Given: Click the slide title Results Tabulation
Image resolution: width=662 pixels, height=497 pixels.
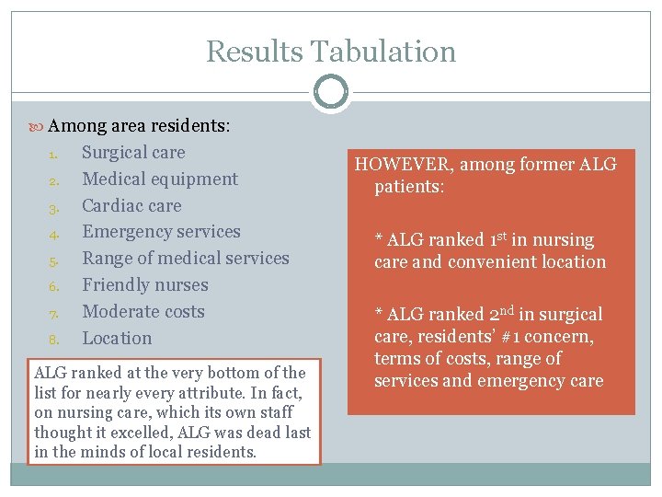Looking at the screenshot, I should click(331, 52).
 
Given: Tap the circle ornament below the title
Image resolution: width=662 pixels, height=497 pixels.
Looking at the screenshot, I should click(331, 93).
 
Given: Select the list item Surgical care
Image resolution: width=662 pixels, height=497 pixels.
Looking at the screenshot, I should click(133, 153).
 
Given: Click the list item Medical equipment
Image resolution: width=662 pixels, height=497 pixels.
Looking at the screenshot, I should click(160, 179).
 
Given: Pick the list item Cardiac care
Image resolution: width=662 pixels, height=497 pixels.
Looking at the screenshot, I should click(131, 206).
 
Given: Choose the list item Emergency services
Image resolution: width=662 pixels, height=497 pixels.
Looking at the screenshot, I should click(161, 232).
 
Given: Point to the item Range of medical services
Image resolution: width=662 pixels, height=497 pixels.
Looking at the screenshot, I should click(186, 259).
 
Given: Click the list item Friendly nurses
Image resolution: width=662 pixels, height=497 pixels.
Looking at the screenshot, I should click(145, 285).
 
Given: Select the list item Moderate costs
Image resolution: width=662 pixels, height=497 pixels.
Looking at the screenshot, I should click(143, 312).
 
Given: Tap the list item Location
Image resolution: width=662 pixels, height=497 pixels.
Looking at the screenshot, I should click(117, 339).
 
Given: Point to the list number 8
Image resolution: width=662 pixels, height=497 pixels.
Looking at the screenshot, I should click(53, 340).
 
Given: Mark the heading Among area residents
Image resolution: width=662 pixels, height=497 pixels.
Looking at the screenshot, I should click(138, 126).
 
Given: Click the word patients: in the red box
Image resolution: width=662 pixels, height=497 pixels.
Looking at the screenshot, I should click(409, 188).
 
